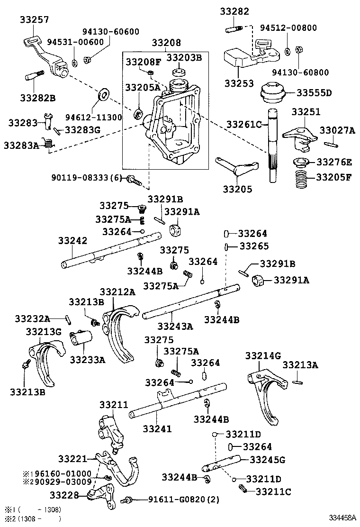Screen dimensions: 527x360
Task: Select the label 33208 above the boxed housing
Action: coord(166,43)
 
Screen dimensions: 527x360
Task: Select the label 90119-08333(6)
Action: coord(87,178)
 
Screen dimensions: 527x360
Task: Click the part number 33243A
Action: coord(176,326)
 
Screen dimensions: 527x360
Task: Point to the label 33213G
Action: coord(44,331)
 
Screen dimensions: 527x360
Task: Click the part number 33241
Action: coord(157,428)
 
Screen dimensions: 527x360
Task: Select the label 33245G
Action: coord(267,459)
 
